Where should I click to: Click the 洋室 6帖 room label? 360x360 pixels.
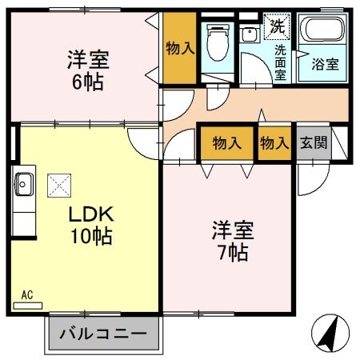(x=87, y=70)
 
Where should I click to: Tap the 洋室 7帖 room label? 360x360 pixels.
(x=232, y=242)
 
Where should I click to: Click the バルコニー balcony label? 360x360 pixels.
(x=102, y=333)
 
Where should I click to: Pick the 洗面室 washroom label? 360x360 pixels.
(x=281, y=61)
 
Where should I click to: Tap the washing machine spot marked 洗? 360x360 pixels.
(x=276, y=24)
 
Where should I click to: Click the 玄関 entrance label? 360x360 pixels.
(x=312, y=144)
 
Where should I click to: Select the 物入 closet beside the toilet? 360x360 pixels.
(x=180, y=48)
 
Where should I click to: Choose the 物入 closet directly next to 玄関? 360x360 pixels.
(x=274, y=144)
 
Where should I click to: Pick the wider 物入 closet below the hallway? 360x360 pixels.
(x=227, y=144)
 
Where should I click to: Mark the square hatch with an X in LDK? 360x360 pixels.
(x=60, y=186)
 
